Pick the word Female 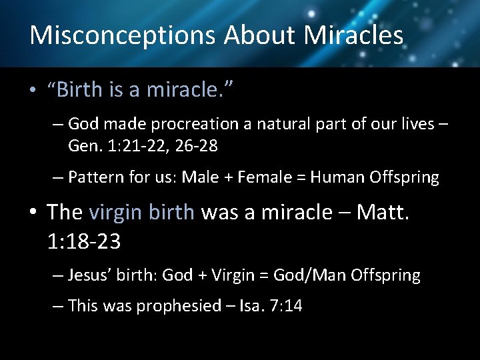252,177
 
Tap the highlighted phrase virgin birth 141,213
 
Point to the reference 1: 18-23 84,241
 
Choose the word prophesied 179,306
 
